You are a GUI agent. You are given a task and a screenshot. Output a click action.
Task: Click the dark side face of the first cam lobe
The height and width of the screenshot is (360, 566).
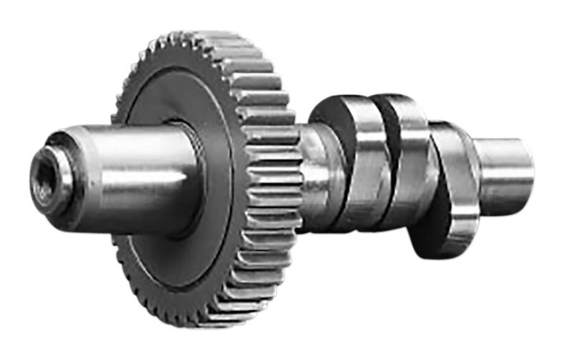(x=330, y=121)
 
